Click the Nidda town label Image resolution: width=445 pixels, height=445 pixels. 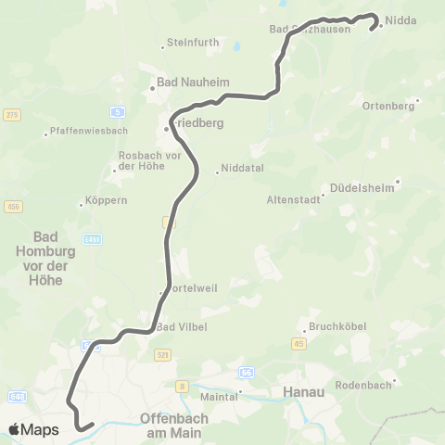tap(402, 19)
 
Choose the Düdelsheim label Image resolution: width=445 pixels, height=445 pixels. tap(362, 186)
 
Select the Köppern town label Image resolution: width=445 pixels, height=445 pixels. tap(106, 200)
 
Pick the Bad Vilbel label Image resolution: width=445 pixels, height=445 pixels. tap(181, 326)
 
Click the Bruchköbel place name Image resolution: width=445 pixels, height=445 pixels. tap(339, 327)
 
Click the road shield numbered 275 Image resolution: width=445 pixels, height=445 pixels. tap(11, 114)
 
